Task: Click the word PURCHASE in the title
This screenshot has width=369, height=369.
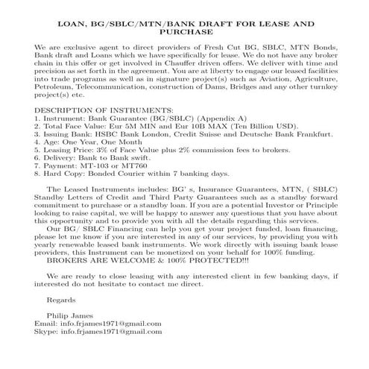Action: point(184,32)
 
